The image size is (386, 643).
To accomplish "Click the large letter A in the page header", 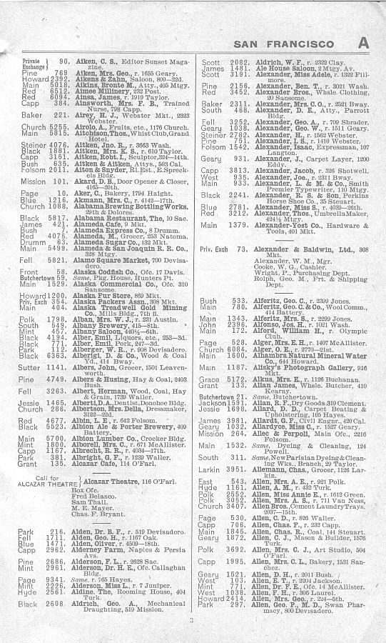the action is (x=364, y=42).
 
